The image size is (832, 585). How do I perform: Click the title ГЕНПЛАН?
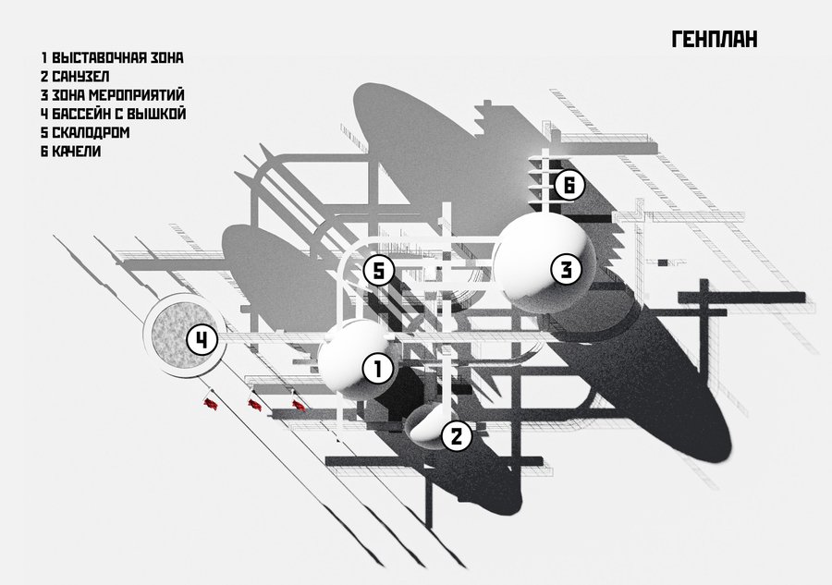coord(715,39)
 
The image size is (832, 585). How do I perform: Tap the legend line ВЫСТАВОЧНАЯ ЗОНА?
coord(117,57)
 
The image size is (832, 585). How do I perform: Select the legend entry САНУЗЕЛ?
coord(80,77)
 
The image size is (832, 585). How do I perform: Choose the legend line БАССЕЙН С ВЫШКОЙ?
coord(119,114)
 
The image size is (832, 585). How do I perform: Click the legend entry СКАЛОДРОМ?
coord(91,132)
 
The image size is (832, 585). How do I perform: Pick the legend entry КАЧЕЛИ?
coord(77,152)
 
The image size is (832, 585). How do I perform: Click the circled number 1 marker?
coord(378,369)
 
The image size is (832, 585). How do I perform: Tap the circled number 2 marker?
coord(457,436)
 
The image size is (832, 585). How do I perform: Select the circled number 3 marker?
coord(567,270)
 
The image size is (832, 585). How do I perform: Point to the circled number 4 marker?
coord(202,340)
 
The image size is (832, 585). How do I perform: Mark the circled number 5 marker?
coord(379,272)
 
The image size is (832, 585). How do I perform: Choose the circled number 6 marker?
coord(569,185)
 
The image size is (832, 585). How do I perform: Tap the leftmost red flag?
coord(211,403)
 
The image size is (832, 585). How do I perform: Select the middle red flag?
coord(255,405)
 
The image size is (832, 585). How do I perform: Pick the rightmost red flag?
coord(299,405)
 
